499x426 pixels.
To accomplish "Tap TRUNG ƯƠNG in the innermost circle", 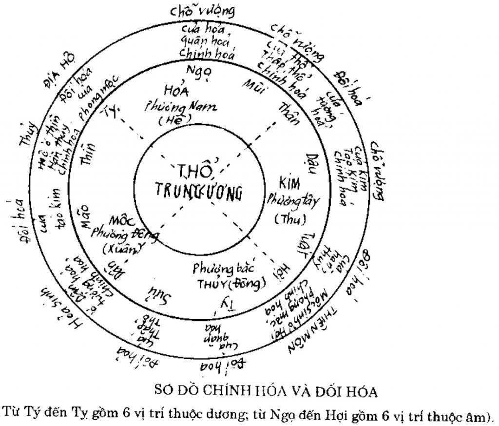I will tap(199, 191).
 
